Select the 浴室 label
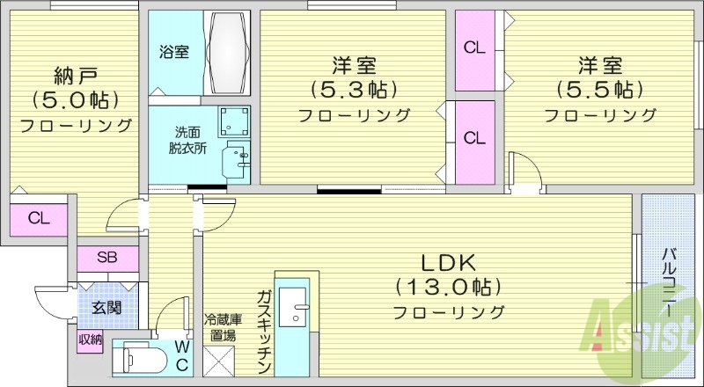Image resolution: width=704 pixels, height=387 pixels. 173,52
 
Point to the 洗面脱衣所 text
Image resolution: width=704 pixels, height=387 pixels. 188,141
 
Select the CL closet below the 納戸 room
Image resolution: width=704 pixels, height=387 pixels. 37,218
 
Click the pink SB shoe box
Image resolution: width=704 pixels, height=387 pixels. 106,259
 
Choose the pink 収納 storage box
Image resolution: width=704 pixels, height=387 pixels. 89,339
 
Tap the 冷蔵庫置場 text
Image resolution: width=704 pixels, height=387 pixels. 220,326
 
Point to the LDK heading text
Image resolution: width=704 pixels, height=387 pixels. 448,261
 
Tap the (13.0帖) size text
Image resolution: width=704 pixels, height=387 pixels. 448,286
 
